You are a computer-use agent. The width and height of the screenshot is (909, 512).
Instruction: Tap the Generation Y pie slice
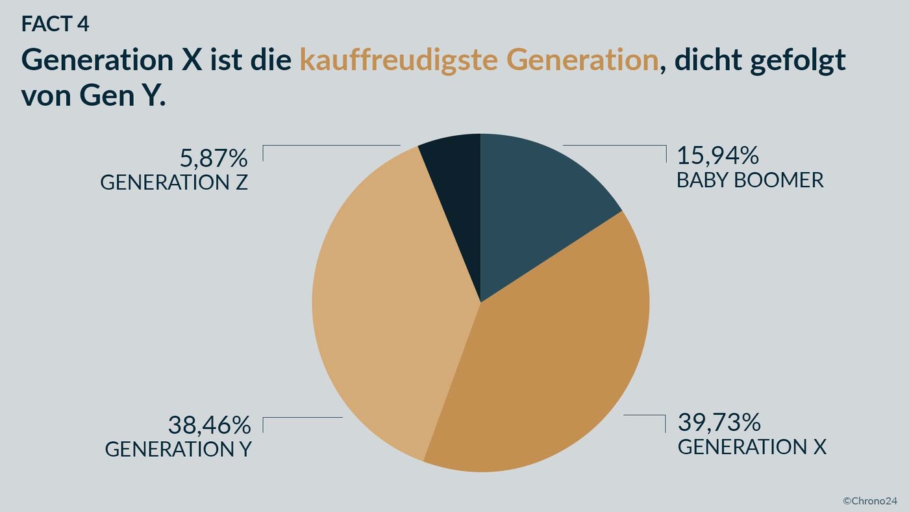[x=383, y=305]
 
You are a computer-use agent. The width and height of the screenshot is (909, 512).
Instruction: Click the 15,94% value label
[x=717, y=156]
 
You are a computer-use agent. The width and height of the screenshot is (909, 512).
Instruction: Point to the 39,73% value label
[x=719, y=422]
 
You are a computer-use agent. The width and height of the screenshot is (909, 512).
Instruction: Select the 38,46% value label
[x=209, y=425]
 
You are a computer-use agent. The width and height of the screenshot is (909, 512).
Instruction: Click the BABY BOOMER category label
[x=750, y=180]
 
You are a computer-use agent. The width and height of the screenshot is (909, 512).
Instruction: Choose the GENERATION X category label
[x=752, y=447]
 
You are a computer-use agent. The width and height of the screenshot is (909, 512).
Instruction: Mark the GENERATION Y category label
[x=178, y=449]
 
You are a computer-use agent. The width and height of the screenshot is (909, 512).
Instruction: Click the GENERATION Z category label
[x=174, y=183]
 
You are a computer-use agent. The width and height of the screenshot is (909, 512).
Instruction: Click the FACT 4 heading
[x=55, y=24]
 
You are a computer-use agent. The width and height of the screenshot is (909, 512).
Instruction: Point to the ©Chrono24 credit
[x=869, y=500]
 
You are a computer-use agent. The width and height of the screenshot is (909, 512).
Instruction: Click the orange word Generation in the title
[x=582, y=60]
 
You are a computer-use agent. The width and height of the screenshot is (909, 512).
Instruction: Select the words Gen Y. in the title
[x=123, y=96]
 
